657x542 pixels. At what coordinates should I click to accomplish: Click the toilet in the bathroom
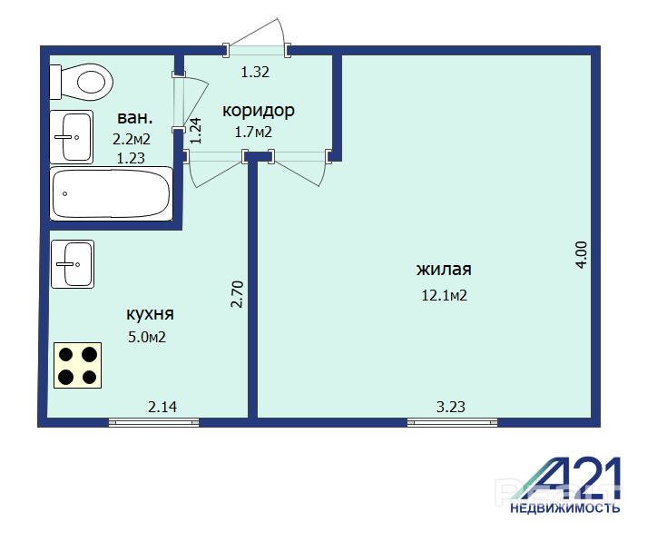[82, 82]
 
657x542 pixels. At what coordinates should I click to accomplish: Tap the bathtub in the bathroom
[111, 193]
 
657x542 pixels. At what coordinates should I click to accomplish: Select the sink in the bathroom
[71, 137]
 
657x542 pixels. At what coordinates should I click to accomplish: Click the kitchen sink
[73, 264]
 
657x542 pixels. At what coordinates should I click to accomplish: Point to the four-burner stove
[77, 366]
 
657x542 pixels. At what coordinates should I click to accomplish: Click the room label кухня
[150, 314]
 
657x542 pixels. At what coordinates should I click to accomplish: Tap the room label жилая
[444, 269]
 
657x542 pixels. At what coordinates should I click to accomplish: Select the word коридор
[259, 111]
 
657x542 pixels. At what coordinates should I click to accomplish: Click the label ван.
[135, 118]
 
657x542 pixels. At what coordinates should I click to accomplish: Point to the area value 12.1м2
[444, 296]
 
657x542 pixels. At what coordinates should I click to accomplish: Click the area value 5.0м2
[147, 337]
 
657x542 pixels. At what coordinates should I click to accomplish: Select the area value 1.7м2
[253, 133]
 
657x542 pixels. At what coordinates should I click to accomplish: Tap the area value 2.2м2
[132, 139]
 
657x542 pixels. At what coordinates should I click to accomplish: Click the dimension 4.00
[582, 255]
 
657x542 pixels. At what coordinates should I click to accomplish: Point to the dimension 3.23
[451, 407]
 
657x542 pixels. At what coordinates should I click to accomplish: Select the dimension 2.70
[237, 294]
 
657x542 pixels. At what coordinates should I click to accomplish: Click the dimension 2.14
[162, 407]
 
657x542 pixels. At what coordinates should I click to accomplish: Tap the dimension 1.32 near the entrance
[255, 73]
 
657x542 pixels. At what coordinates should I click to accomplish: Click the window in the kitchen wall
[153, 422]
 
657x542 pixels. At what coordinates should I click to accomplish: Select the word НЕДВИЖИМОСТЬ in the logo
[564, 508]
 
